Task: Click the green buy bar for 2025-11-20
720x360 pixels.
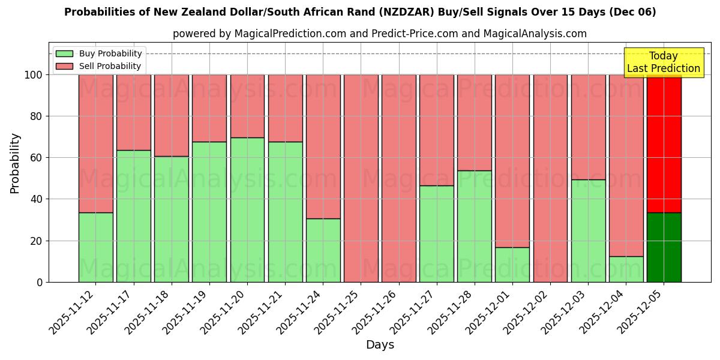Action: (247, 210)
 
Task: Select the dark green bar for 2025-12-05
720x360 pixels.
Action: (664, 247)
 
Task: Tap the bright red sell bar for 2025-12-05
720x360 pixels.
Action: (664, 144)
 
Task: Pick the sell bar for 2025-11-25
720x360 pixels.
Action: (361, 178)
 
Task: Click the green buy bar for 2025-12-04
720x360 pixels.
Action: (626, 269)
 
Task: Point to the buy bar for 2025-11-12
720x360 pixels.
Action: (95, 247)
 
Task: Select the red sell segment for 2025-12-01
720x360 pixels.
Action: (512, 161)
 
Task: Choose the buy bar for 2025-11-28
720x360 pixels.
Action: (475, 226)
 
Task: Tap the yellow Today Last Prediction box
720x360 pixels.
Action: (664, 62)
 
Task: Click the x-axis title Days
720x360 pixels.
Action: (380, 345)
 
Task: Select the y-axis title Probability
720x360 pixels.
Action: (15, 163)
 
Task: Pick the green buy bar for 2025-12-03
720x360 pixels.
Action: (588, 231)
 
